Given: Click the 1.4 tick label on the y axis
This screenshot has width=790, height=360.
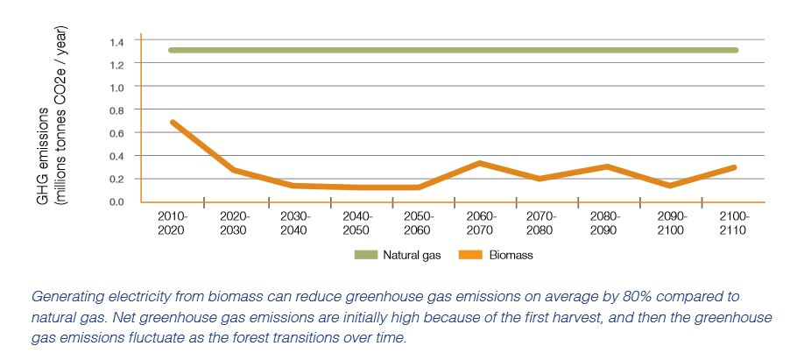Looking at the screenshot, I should pyautogui.click(x=116, y=41).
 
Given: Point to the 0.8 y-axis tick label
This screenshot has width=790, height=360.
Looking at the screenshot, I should pyautogui.click(x=116, y=110).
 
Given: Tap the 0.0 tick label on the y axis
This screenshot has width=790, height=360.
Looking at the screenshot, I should pyautogui.click(x=116, y=202).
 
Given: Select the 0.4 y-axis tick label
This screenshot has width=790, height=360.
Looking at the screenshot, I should pyautogui.click(x=116, y=156).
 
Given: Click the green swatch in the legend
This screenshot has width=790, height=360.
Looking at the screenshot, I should pyautogui.click(x=363, y=256).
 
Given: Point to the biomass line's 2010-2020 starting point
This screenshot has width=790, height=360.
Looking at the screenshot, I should pyautogui.click(x=173, y=123).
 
